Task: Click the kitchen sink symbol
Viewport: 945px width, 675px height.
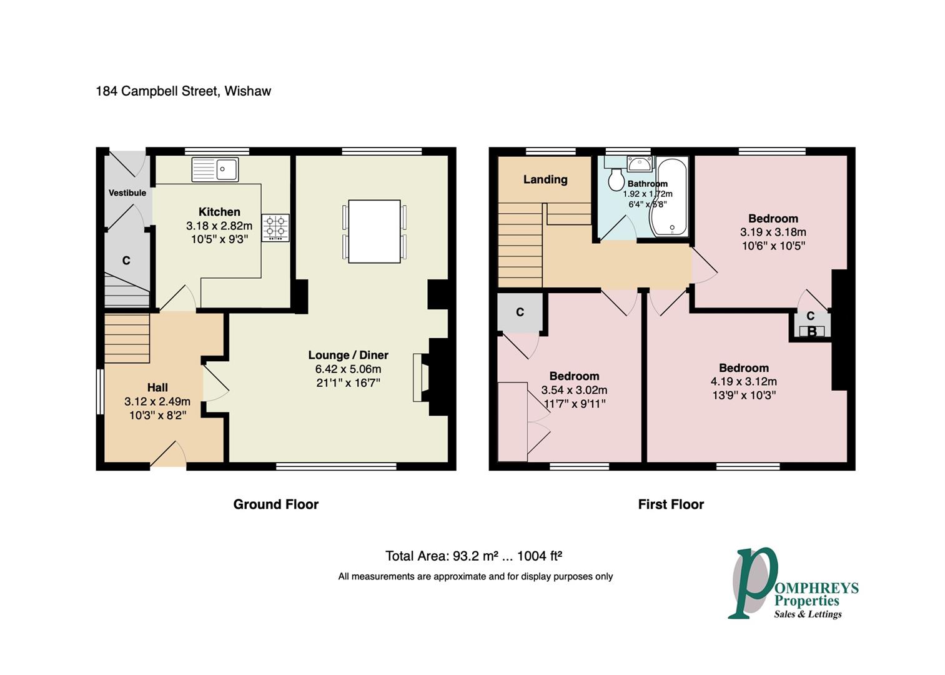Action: click(x=215, y=169)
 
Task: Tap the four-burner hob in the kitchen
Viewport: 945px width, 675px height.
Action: click(x=275, y=227)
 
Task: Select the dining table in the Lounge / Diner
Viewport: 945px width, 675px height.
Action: click(x=374, y=231)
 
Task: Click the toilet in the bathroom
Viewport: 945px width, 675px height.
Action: click(x=616, y=180)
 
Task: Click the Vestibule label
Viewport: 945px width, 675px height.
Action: click(x=127, y=192)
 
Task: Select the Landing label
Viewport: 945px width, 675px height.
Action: click(x=545, y=179)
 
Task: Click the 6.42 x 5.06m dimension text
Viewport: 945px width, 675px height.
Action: click(x=348, y=369)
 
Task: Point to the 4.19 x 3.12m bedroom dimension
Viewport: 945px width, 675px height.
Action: click(x=743, y=381)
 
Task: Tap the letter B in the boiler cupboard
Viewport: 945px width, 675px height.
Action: click(x=812, y=332)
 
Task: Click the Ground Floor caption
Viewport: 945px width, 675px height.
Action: click(x=275, y=504)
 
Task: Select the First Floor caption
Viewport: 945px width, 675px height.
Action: click(x=671, y=504)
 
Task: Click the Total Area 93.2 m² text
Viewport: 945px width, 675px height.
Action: click(x=474, y=556)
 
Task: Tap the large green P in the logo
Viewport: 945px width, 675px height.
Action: click(x=753, y=581)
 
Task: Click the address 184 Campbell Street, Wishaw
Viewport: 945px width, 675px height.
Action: click(x=183, y=91)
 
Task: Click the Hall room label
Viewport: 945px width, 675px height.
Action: click(x=157, y=387)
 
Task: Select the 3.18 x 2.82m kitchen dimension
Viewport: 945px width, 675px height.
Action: click(x=219, y=226)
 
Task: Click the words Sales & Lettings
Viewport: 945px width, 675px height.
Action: click(x=808, y=614)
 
